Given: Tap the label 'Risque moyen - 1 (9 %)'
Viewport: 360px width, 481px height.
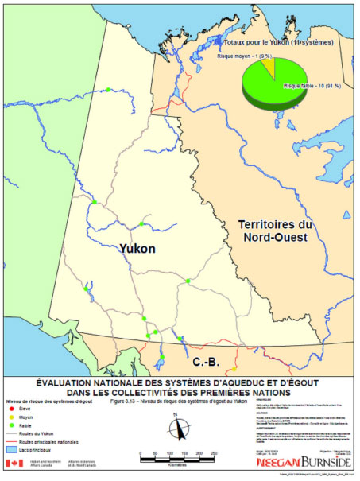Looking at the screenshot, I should coord(244,56).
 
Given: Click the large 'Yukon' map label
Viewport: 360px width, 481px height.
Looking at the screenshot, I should coord(137,249).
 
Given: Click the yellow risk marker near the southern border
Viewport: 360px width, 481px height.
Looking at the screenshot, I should coord(234,368).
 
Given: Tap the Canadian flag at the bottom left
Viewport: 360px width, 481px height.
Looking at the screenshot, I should coord(12,463).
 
